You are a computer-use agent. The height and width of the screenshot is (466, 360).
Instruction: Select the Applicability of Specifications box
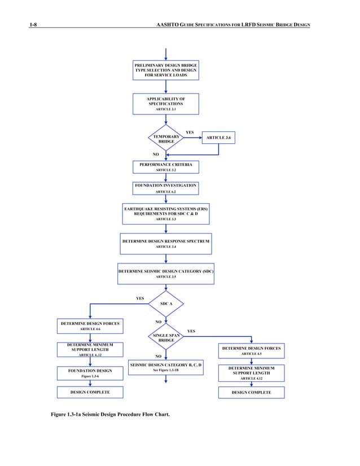[x=166, y=104]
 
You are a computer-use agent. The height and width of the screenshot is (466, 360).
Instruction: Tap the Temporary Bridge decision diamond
[x=166, y=138]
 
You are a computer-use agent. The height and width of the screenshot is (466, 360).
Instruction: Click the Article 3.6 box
[x=218, y=138]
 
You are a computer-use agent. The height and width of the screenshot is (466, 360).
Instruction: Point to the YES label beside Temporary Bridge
[x=190, y=133]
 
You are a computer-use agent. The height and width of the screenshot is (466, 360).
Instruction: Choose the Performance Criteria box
[x=166, y=166]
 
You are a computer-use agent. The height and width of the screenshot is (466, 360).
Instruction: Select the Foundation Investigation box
[x=166, y=188]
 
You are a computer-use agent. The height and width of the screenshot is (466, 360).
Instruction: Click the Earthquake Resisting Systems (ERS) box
[x=166, y=214]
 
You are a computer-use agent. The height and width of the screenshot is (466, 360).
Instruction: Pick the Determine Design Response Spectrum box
[x=166, y=244]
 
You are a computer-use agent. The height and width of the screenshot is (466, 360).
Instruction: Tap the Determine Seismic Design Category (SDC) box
[x=166, y=274]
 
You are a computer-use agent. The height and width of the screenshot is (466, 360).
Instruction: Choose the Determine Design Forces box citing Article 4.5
[x=251, y=351]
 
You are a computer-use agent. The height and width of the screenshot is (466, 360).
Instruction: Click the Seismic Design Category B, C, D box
[x=166, y=367]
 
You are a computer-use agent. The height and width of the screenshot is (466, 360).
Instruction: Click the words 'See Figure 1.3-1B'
[x=166, y=371]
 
